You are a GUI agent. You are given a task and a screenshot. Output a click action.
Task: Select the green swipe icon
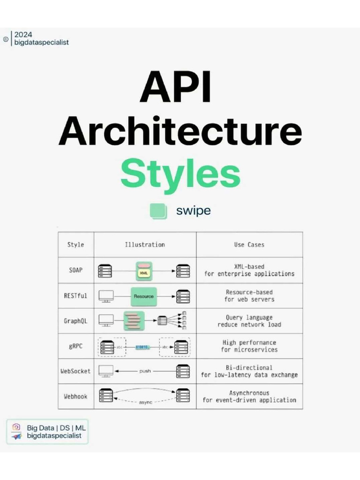point(158,211)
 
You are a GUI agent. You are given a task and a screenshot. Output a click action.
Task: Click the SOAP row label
point(75,270)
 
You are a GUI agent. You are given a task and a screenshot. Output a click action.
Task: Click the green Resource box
point(143,296)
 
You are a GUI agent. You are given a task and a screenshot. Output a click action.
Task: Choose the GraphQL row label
point(75,321)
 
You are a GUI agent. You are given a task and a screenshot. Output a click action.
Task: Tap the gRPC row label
point(75,346)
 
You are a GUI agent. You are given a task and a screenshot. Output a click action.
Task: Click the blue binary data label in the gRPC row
point(142,347)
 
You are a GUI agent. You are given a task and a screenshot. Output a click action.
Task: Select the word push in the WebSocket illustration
point(145,371)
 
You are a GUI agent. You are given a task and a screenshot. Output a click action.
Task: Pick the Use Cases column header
point(249,245)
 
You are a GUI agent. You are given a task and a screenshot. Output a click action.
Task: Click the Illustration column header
point(145,245)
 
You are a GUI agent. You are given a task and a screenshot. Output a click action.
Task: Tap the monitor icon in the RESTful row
point(106,296)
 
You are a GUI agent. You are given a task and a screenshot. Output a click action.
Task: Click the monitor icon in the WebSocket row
point(106,371)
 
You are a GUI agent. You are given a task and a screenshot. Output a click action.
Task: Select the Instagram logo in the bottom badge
point(16,427)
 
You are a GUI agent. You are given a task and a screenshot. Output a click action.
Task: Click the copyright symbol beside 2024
point(5,39)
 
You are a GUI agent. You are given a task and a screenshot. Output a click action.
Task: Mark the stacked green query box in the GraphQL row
point(133,321)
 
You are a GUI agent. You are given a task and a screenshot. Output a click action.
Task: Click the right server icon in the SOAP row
point(183,271)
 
